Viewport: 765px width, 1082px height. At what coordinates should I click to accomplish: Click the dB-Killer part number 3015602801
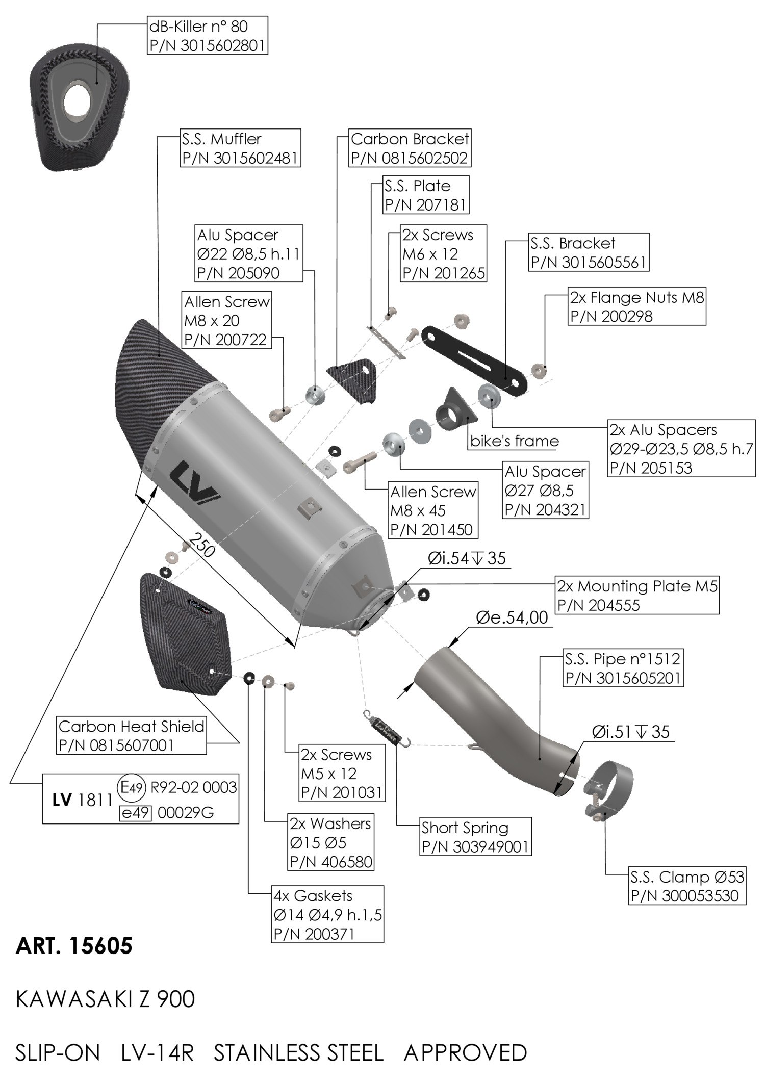pos(208,45)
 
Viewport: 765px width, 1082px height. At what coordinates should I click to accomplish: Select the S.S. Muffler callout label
pos(241,148)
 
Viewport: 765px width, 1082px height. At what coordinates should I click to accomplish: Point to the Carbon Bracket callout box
pos(410,148)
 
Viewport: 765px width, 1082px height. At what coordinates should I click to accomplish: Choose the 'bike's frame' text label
pos(514,441)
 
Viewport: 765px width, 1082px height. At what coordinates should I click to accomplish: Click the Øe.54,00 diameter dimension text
pos(512,617)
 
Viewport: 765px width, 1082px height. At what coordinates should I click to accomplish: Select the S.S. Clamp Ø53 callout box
pos(687,886)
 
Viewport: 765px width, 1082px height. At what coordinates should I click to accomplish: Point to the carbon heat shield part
pos(185,632)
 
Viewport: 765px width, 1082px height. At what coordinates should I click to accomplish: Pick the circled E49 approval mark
pos(131,787)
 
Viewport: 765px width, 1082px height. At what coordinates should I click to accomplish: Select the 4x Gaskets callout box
pos(327,914)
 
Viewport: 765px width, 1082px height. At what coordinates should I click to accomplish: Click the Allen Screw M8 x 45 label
pos(433,510)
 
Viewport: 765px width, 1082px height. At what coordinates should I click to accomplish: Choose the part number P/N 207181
pos(426,205)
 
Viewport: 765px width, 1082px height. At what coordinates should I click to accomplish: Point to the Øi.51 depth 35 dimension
pos(630,732)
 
